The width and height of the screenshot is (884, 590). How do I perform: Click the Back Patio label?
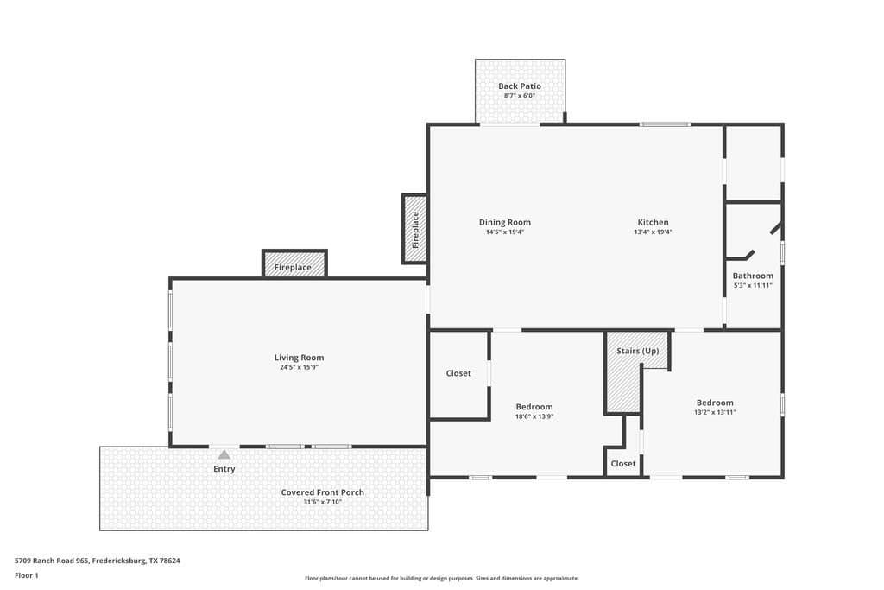click(x=519, y=86)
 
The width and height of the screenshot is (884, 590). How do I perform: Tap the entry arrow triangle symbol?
click(x=224, y=454)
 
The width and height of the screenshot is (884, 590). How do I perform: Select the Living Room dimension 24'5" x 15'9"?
click(x=299, y=367)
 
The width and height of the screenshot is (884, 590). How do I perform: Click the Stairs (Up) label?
click(x=638, y=351)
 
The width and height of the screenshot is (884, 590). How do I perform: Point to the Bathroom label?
click(x=753, y=276)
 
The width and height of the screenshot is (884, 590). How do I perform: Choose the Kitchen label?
click(x=653, y=222)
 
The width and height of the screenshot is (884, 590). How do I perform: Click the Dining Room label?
click(x=504, y=222)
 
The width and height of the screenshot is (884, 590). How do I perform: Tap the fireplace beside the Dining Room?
click(x=415, y=229)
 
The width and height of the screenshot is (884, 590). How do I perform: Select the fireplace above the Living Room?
click(x=294, y=264)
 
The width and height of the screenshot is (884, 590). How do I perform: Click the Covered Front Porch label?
click(x=323, y=492)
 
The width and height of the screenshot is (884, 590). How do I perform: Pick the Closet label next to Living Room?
click(x=458, y=373)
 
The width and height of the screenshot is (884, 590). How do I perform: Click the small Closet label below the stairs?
click(x=623, y=464)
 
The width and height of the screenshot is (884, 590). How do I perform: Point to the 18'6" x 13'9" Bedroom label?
click(x=534, y=407)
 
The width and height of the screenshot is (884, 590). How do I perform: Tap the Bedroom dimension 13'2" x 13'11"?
click(x=715, y=412)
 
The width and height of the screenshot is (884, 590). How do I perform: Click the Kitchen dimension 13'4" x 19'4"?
click(x=653, y=232)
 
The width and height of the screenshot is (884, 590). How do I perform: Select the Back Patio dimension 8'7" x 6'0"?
click(x=519, y=96)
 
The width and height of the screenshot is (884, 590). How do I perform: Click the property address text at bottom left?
click(x=98, y=561)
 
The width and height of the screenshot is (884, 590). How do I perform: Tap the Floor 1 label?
click(x=27, y=575)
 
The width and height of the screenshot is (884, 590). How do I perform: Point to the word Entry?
click(x=224, y=469)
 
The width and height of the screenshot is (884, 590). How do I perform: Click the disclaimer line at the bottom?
click(x=442, y=578)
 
